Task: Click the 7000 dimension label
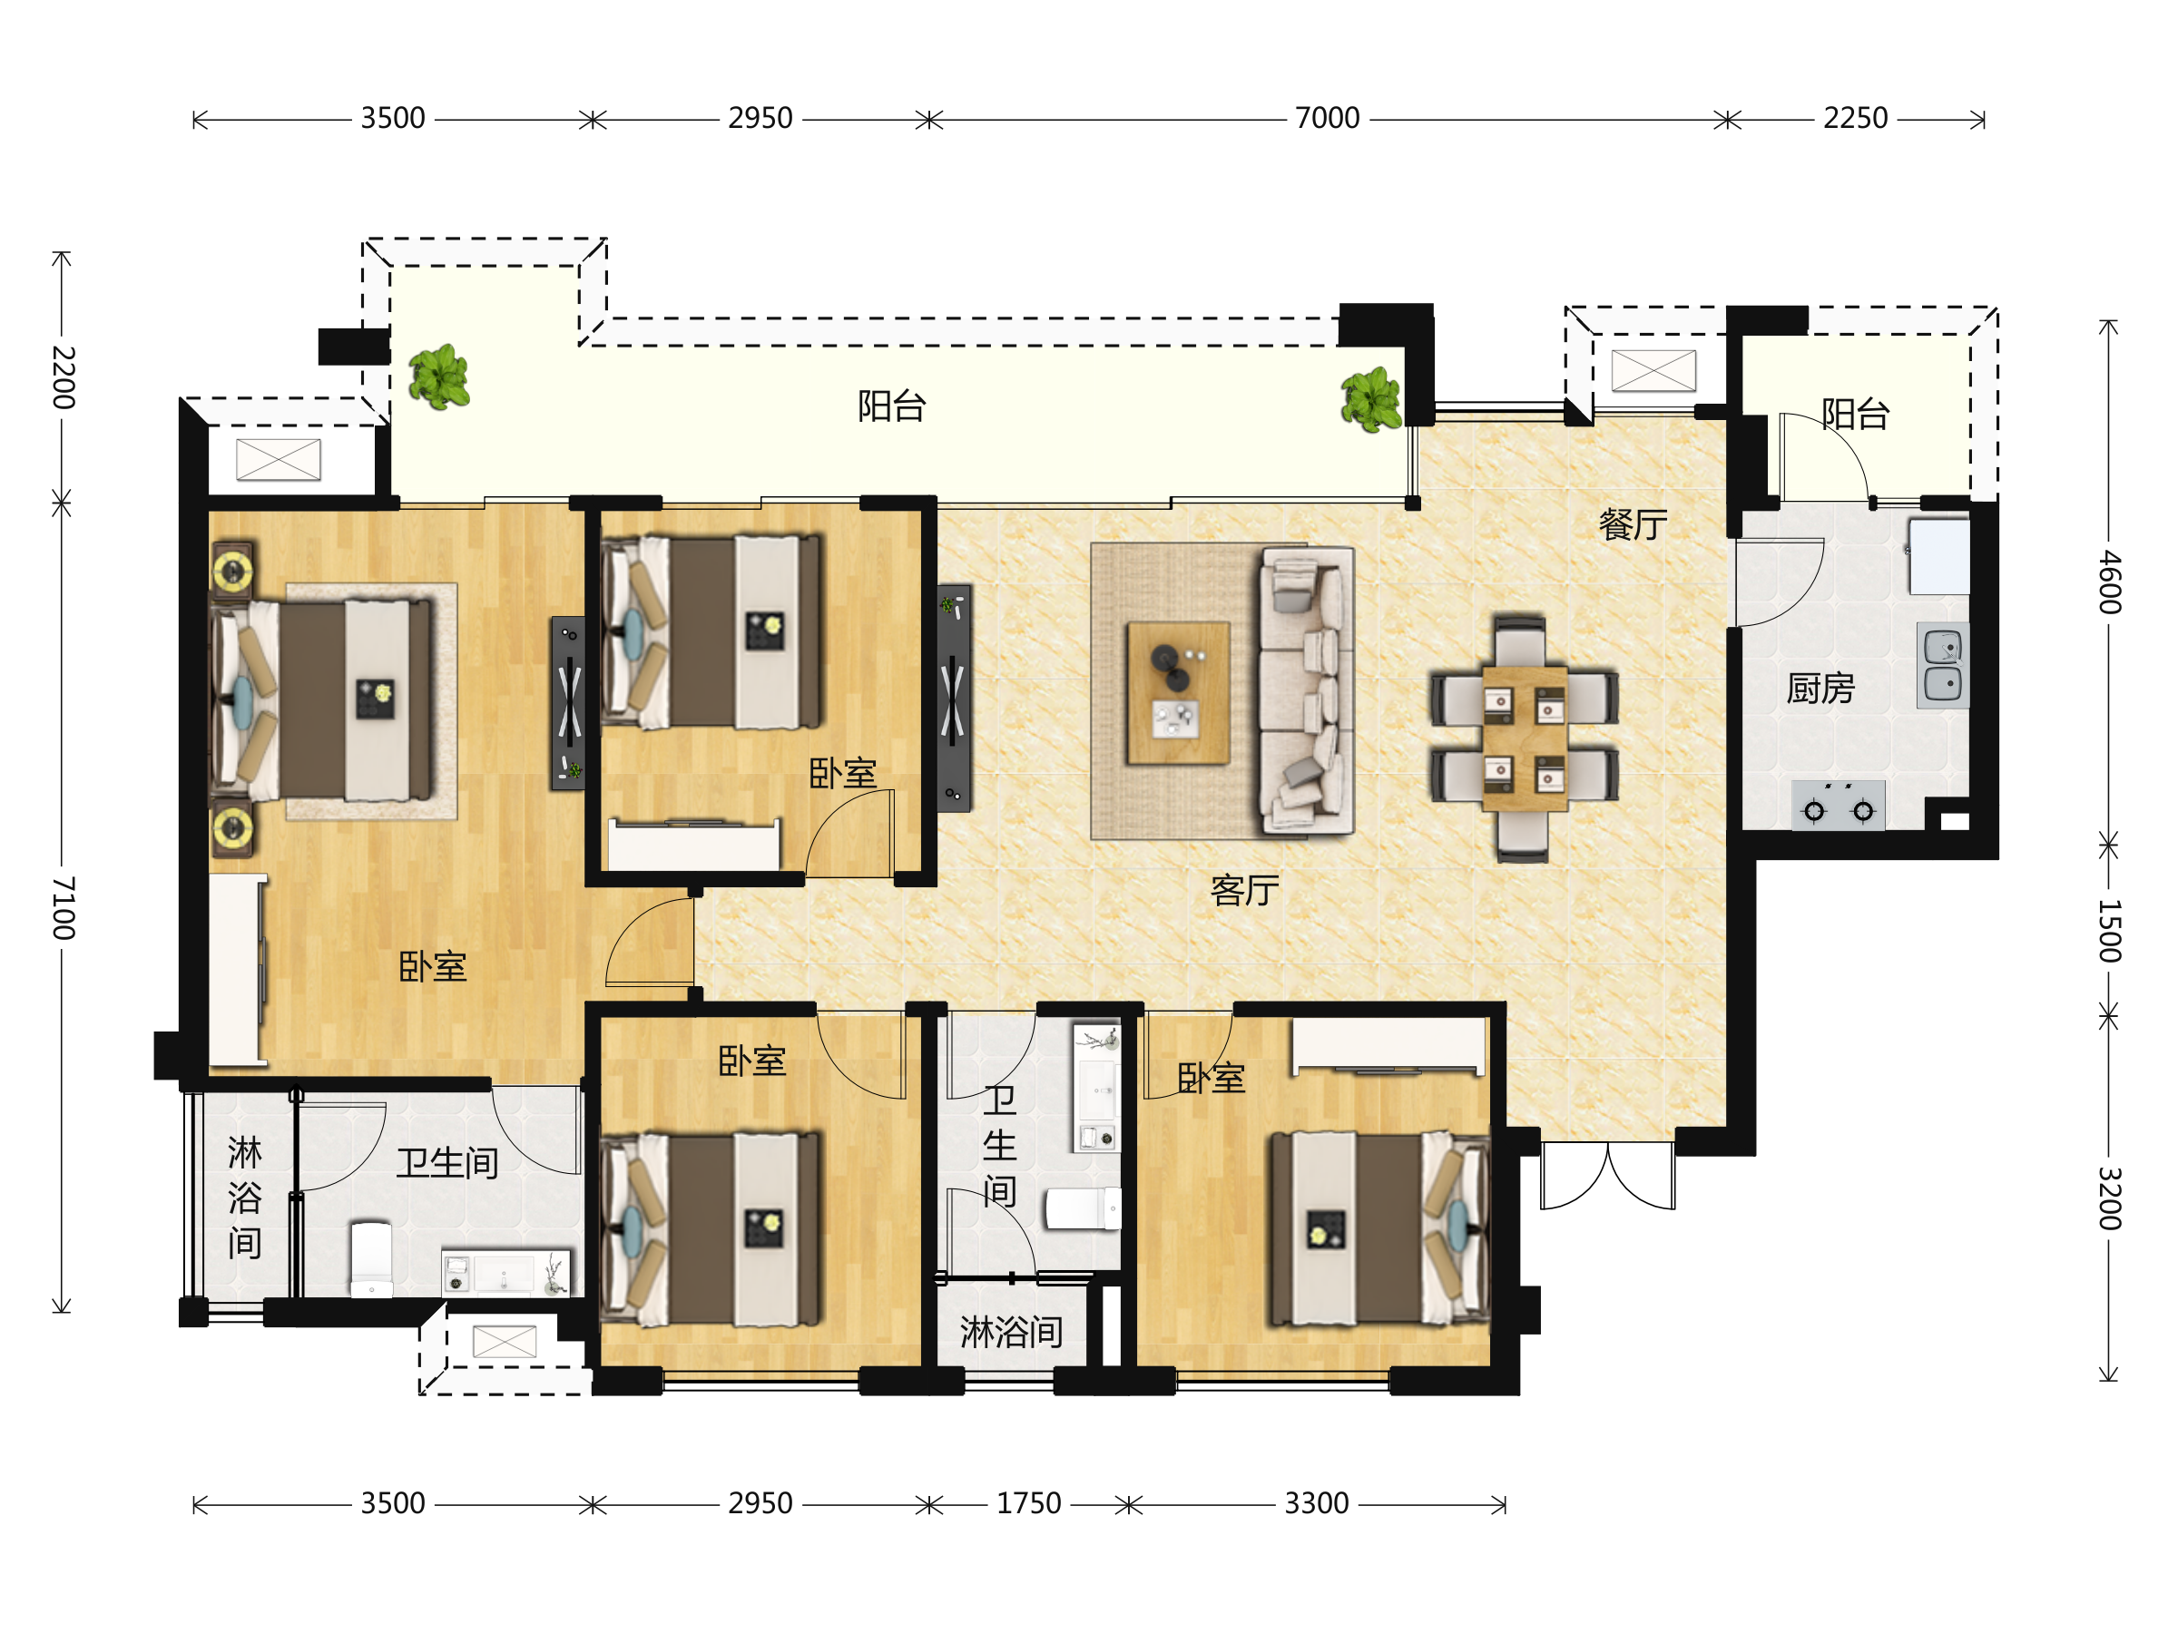point(1328,118)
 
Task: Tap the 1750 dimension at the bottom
point(1028,1503)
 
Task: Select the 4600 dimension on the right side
point(2108,582)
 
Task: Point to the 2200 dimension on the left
point(62,377)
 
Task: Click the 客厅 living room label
point(1244,890)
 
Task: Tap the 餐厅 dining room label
point(1633,523)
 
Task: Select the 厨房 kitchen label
point(1820,687)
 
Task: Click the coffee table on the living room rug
point(1178,692)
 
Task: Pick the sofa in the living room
point(1306,691)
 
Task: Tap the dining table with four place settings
point(1525,738)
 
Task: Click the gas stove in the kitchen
point(1838,806)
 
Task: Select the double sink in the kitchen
point(1943,664)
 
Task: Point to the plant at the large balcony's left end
point(439,377)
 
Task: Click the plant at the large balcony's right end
point(1371,400)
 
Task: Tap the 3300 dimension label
point(1317,1503)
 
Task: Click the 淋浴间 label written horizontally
point(1011,1332)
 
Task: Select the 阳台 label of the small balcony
point(1855,414)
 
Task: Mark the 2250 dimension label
point(1855,118)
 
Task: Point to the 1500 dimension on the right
point(2108,930)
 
